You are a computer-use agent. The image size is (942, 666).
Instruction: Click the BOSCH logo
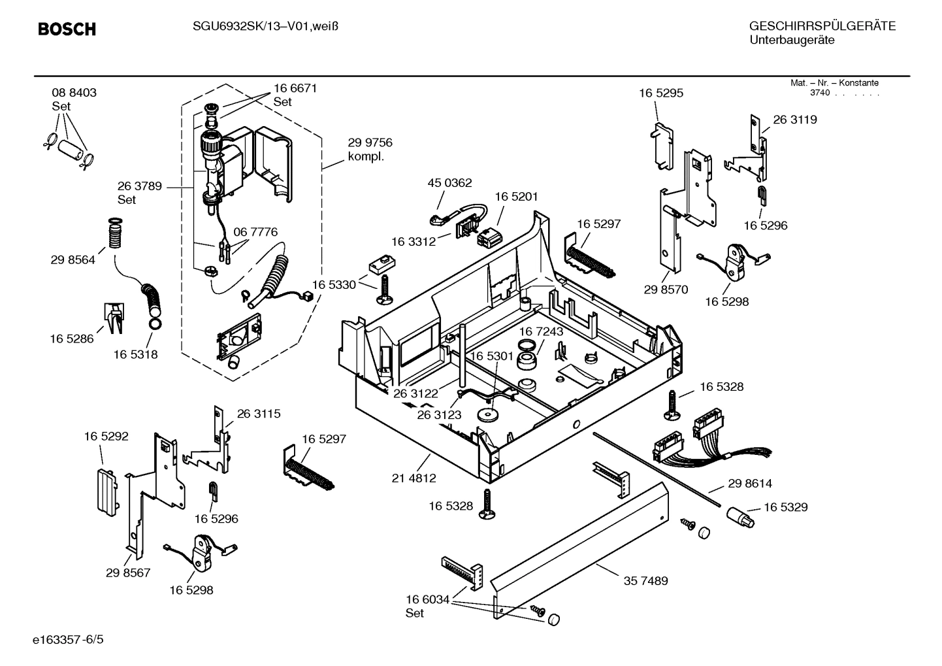tap(67, 29)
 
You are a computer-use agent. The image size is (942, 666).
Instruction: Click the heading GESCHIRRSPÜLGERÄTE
tap(822, 26)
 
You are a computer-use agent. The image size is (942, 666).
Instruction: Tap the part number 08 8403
tap(74, 93)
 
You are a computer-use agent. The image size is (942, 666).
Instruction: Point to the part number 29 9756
tap(370, 142)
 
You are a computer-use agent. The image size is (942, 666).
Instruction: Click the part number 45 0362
tap(449, 183)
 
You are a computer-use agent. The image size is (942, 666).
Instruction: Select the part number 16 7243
tap(541, 332)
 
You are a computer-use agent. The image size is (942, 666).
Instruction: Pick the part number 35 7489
tap(645, 580)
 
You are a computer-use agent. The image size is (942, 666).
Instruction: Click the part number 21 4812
tap(414, 478)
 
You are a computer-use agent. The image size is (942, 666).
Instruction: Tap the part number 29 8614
tap(750, 484)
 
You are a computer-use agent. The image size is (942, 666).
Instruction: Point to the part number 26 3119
tap(795, 120)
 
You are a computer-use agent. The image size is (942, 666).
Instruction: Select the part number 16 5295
tap(661, 93)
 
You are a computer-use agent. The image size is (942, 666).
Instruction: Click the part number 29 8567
tap(128, 573)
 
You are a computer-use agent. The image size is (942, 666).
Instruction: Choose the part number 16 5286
tap(72, 339)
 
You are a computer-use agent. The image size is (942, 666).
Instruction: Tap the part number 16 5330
tap(334, 285)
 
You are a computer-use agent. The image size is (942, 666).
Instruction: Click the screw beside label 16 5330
tap(384, 289)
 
